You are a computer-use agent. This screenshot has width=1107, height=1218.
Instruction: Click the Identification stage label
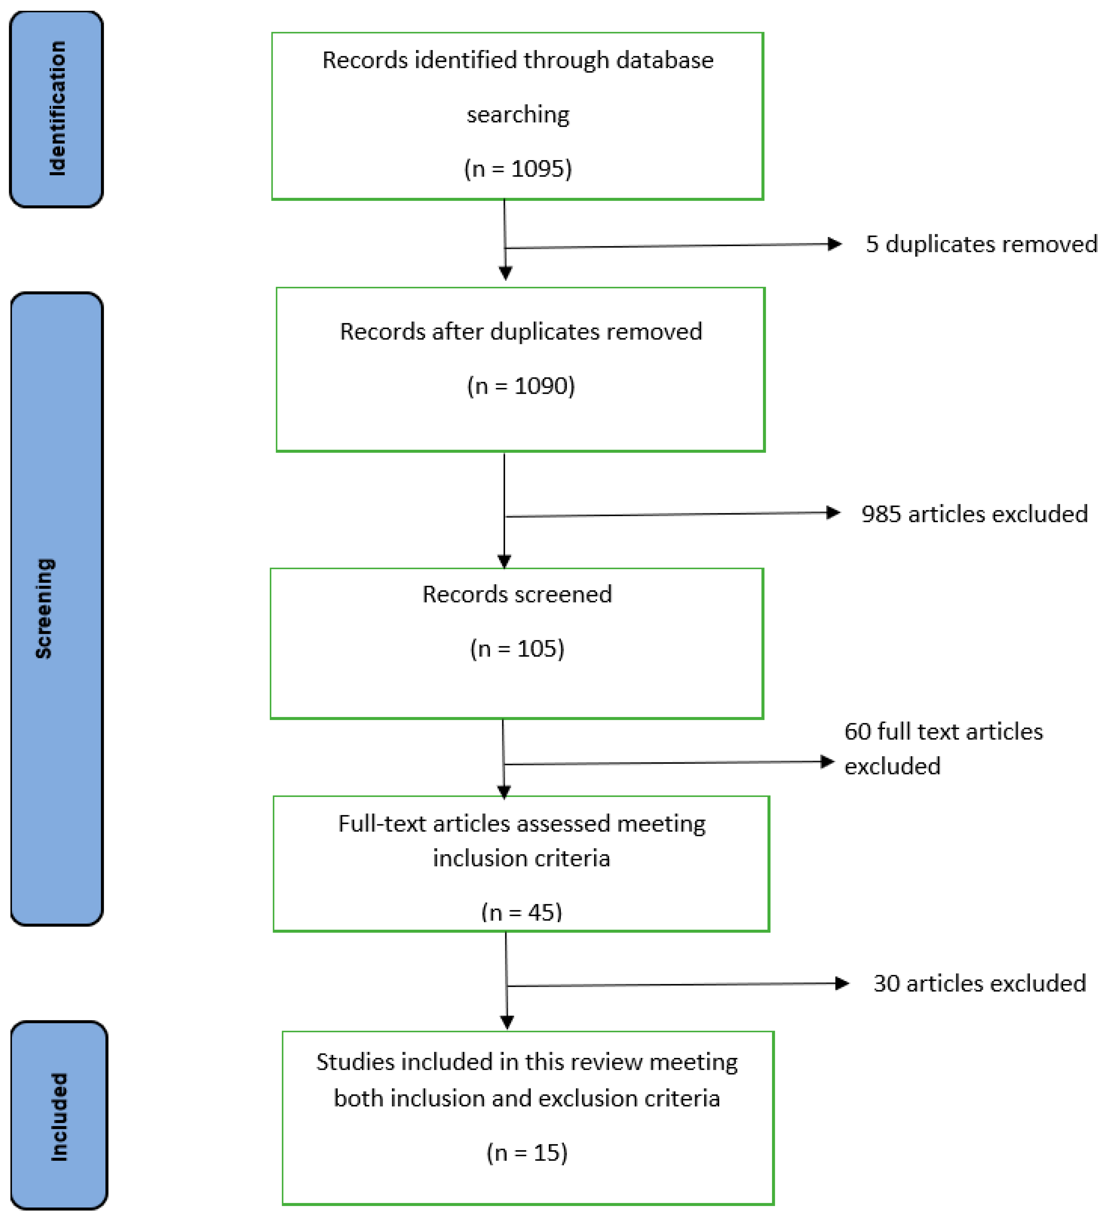coord(57,109)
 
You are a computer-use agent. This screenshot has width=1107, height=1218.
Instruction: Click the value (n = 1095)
coord(518,169)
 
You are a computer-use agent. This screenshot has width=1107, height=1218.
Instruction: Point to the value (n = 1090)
coord(521,386)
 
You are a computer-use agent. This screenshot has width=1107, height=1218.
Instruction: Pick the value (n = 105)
coord(517,648)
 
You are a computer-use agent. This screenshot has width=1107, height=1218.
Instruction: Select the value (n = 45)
coord(521,912)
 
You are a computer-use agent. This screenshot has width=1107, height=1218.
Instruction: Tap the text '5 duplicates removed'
coord(981,244)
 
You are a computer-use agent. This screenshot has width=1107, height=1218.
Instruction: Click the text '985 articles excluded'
coord(974,513)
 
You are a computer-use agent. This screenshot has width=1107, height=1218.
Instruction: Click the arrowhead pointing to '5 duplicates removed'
coord(835,244)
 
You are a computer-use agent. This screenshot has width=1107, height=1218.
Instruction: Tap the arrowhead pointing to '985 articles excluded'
coord(834,513)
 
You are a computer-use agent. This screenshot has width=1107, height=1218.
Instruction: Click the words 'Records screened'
coord(517,594)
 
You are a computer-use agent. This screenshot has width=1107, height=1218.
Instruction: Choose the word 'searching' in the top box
coord(518,115)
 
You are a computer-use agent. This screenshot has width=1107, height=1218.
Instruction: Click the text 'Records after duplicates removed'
coord(521,332)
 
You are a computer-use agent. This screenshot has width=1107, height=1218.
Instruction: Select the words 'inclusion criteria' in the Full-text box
coord(521,858)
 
